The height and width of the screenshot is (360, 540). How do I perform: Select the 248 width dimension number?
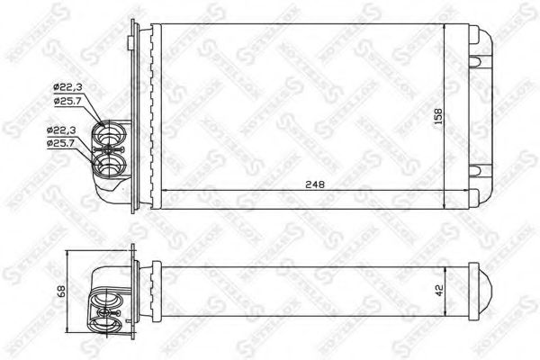[314, 184]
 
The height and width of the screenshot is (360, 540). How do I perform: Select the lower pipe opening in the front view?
[110, 167]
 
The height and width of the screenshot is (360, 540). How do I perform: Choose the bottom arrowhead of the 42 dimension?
[446, 315]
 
